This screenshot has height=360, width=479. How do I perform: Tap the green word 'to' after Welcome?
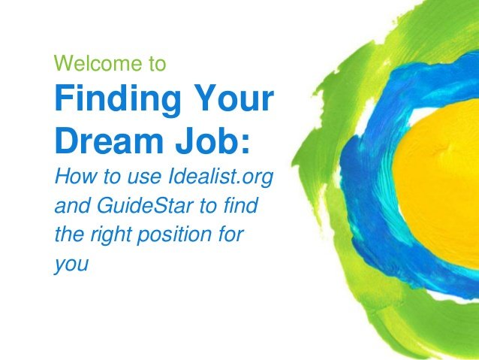click(158, 64)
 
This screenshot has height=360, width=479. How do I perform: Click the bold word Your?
click(234, 98)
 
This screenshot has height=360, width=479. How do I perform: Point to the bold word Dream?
click(109, 141)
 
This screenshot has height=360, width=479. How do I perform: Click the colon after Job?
click(246, 144)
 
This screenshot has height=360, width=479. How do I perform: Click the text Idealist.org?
click(221, 177)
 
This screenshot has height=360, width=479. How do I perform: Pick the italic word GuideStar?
click(146, 205)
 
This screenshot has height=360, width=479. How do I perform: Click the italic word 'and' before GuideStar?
click(73, 205)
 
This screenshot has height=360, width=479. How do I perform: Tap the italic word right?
click(110, 235)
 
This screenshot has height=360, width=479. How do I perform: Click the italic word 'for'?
click(231, 234)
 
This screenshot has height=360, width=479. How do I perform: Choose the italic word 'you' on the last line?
click(71, 265)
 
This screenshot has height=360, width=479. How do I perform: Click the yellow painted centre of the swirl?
click(440, 183)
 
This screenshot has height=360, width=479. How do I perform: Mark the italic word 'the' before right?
click(70, 234)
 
